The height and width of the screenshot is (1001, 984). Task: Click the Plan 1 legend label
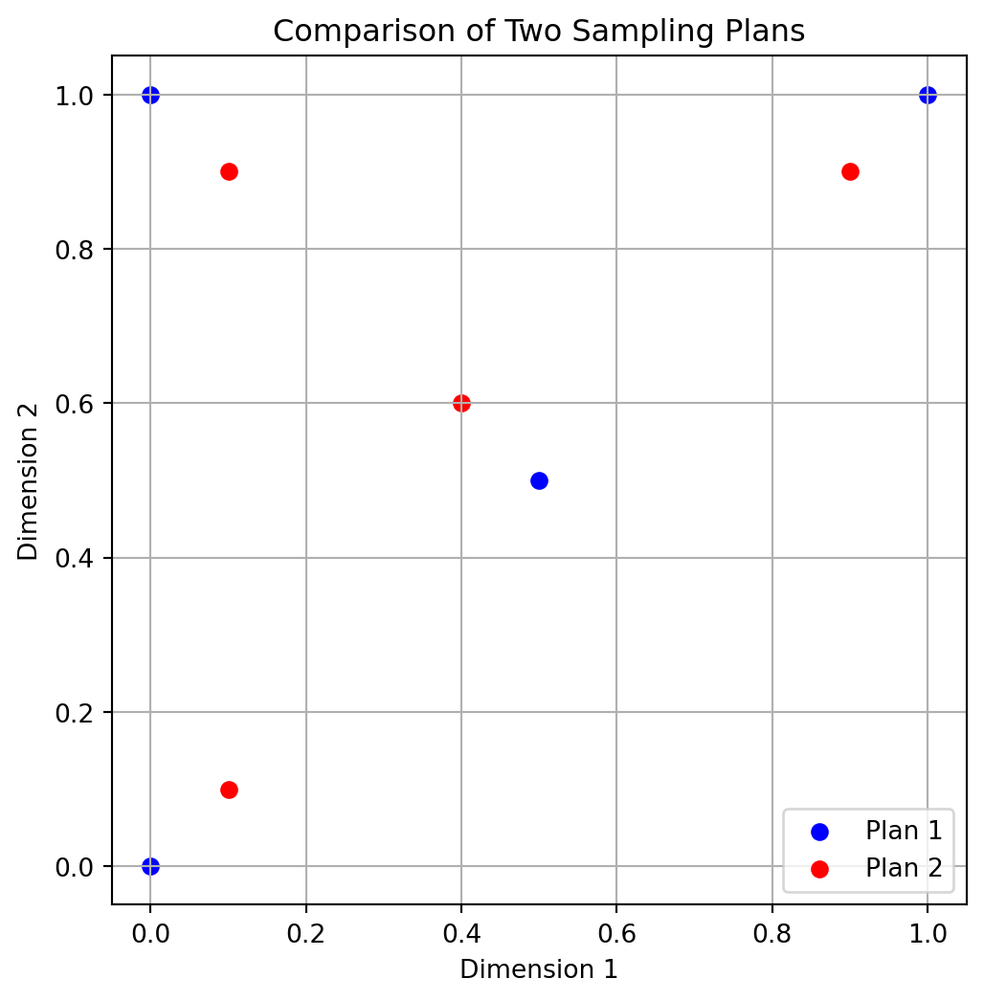click(x=904, y=831)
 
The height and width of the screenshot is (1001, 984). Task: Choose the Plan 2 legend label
click(x=904, y=868)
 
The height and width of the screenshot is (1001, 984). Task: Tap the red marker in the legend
click(x=819, y=868)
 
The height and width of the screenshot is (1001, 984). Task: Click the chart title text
click(x=539, y=32)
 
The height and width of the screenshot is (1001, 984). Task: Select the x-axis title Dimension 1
click(x=539, y=969)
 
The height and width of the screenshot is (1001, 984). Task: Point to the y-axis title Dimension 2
click(x=29, y=480)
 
